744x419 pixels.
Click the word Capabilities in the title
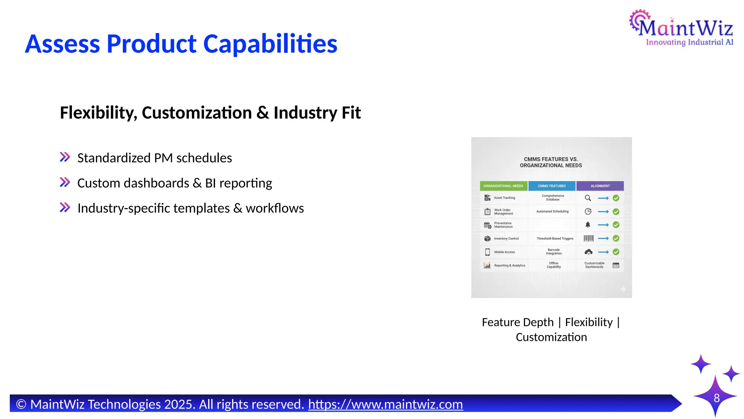tap(270, 44)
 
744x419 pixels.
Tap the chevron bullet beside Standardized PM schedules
tap(65, 157)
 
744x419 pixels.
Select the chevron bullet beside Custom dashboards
tap(65, 182)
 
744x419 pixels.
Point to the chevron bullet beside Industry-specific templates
tap(65, 207)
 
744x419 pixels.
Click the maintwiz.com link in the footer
tap(385, 404)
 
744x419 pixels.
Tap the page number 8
tap(716, 398)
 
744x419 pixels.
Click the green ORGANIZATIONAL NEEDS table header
tap(503, 186)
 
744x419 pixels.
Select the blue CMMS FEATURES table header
tap(552, 186)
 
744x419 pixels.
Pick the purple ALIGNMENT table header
tap(600, 186)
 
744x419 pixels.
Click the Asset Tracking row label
tap(504, 198)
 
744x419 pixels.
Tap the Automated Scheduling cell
tap(553, 211)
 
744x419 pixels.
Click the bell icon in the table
tap(588, 225)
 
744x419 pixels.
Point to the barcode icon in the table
tap(589, 238)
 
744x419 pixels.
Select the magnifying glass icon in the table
tap(588, 198)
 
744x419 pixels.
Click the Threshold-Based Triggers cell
tap(555, 239)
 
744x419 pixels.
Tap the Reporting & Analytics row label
tap(510, 266)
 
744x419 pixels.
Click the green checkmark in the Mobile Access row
tap(616, 252)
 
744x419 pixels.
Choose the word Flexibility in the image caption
tap(589, 322)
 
